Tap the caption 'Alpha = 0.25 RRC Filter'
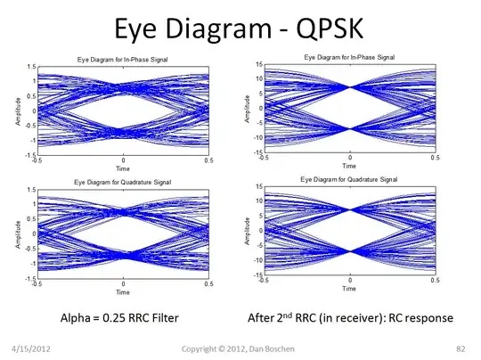pos(124,316)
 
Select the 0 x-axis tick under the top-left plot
pos(124,161)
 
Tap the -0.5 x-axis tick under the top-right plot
pos(263,158)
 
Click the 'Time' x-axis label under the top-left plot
pos(124,168)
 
